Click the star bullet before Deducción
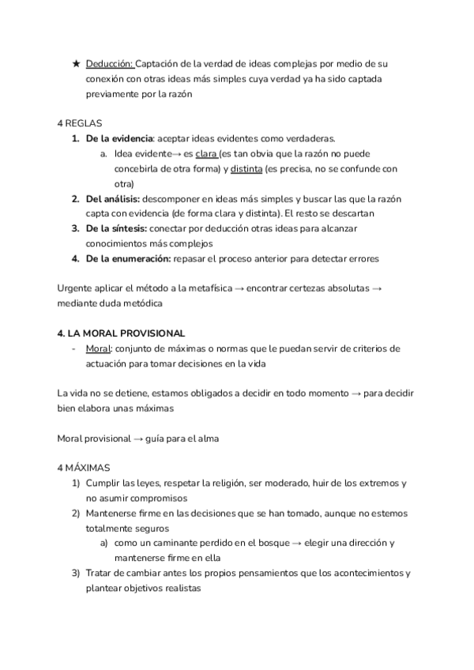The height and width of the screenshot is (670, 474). click(76, 64)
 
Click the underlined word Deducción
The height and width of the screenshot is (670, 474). click(110, 64)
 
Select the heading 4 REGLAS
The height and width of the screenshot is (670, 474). click(80, 123)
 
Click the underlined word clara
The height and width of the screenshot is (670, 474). click(206, 153)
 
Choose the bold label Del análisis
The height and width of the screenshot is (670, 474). click(113, 198)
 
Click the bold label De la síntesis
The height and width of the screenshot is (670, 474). click(115, 228)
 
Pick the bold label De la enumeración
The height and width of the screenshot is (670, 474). click(128, 258)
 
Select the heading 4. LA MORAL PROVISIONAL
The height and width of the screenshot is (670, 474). click(121, 333)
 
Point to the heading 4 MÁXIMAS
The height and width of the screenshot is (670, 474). click(84, 468)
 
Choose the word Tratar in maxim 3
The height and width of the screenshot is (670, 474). click(100, 573)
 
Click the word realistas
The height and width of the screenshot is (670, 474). click(181, 588)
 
